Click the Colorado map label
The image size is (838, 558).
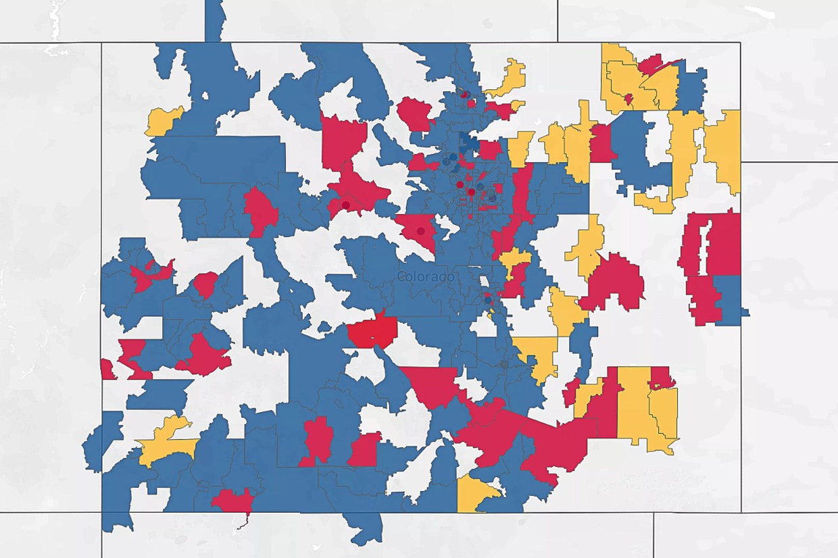(x=426, y=276)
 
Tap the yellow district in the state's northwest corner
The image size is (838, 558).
(x=162, y=120)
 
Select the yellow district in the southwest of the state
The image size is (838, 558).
(x=166, y=442)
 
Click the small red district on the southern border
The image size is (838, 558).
(x=232, y=501)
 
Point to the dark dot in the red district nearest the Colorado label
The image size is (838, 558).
(x=421, y=231)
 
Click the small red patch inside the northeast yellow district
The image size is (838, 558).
(x=628, y=99)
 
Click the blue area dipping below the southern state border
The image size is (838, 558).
(x=365, y=527)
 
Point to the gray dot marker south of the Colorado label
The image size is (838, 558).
(x=504, y=365)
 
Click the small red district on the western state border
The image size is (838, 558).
(x=107, y=370)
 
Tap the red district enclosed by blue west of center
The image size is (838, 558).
(x=260, y=211)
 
